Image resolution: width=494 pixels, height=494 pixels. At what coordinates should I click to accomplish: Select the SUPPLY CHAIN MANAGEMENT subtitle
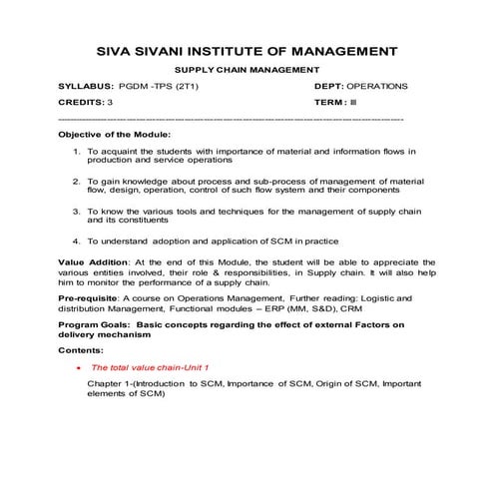click(x=247, y=70)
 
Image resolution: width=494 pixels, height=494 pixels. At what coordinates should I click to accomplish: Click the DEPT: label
click(x=328, y=87)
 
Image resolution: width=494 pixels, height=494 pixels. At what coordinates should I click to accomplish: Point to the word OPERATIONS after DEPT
click(x=376, y=87)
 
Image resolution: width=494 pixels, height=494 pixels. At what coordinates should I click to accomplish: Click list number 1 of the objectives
click(x=77, y=150)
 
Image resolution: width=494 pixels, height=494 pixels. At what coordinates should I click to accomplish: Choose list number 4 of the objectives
click(x=77, y=242)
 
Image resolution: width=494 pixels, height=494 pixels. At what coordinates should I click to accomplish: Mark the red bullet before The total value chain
click(x=78, y=368)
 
